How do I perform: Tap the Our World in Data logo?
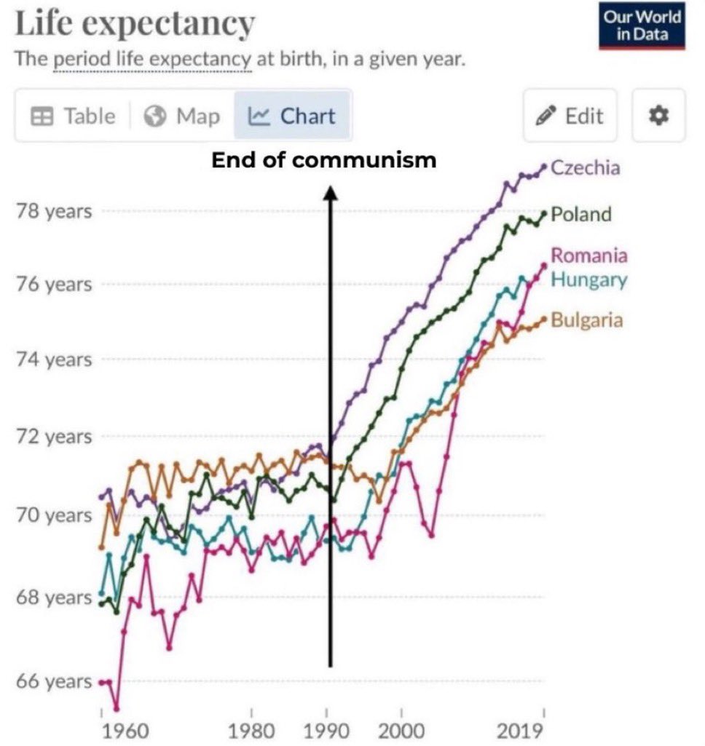[x=642, y=27]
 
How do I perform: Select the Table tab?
[x=73, y=116]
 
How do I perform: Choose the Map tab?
[x=182, y=116]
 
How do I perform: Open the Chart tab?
[x=292, y=116]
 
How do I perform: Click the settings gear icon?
[x=658, y=116]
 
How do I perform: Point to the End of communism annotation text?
[x=324, y=160]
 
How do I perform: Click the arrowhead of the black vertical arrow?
[x=330, y=191]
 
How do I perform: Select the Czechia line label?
[x=586, y=167]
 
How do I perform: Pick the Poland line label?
[x=580, y=214]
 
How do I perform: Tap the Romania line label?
[x=588, y=255]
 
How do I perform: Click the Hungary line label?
[x=588, y=279]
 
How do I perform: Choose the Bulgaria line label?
[x=586, y=320]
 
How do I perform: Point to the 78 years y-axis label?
[x=55, y=212]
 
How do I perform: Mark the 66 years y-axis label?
[x=55, y=682]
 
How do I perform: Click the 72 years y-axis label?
[x=55, y=437]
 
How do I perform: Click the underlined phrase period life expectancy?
[x=151, y=59]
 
